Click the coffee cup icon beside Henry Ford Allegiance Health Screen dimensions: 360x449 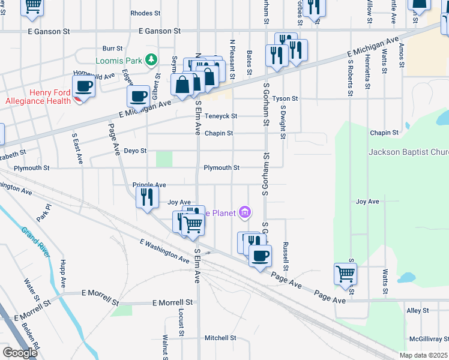pyautogui.click(x=84, y=86)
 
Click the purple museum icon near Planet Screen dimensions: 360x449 pyautogui.click(x=244, y=212)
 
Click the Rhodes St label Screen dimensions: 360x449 pyautogui.click(x=145, y=13)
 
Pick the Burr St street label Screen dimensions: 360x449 pyautogui.click(x=112, y=48)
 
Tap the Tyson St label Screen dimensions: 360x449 pyautogui.click(x=285, y=98)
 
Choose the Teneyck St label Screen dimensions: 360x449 pyautogui.click(x=221, y=116)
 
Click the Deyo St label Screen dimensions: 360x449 pyautogui.click(x=135, y=151)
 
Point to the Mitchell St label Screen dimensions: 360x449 pyautogui.click(x=220, y=338)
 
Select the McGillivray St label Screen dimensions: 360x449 pyautogui.click(x=427, y=338)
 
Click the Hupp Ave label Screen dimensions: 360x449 pyautogui.click(x=63, y=273)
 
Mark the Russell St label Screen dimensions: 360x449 pyautogui.click(x=286, y=256)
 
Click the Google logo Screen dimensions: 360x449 pyautogui.click(x=20, y=352)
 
